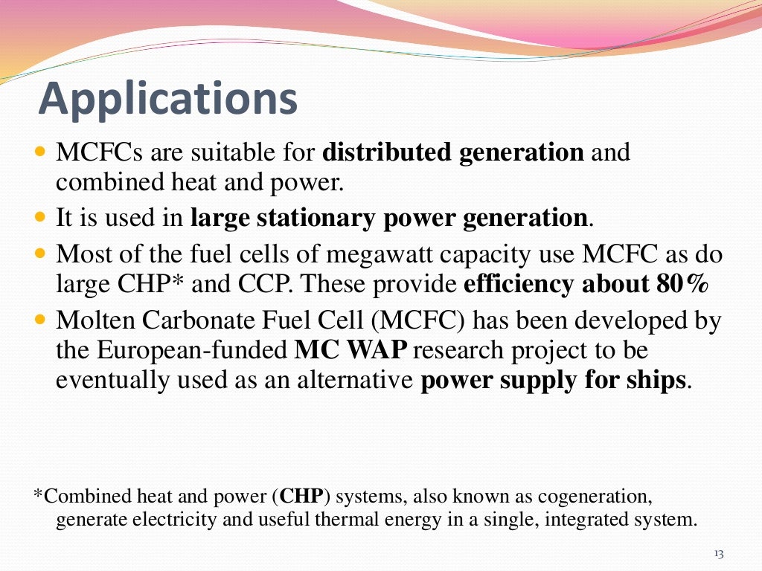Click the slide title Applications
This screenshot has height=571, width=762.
click(168, 100)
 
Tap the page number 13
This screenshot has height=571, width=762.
click(718, 554)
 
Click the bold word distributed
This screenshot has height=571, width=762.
click(387, 153)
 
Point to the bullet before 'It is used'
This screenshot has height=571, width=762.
click(41, 219)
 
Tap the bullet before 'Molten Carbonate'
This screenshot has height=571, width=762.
click(41, 321)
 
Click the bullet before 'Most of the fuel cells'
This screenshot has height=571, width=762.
click(41, 255)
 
